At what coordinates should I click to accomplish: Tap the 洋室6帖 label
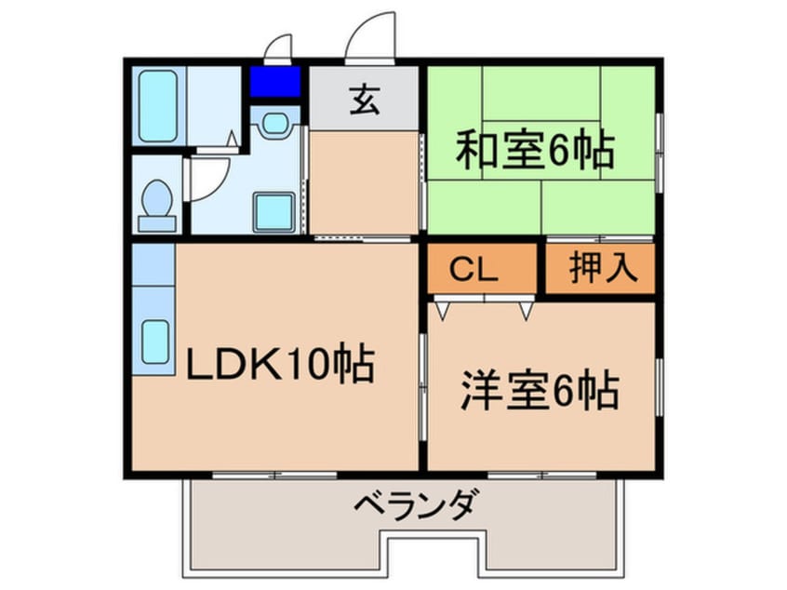(539, 391)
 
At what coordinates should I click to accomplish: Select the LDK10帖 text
(280, 364)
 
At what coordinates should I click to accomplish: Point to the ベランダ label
(417, 507)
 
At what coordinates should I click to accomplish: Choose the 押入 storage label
(602, 267)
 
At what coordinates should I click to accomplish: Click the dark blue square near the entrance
(274, 83)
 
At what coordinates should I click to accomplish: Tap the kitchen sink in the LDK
(154, 342)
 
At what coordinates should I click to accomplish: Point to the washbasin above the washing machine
(273, 124)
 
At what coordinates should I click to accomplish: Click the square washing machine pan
(274, 213)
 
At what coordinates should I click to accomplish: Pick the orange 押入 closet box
(601, 268)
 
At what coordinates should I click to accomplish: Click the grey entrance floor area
(365, 98)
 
